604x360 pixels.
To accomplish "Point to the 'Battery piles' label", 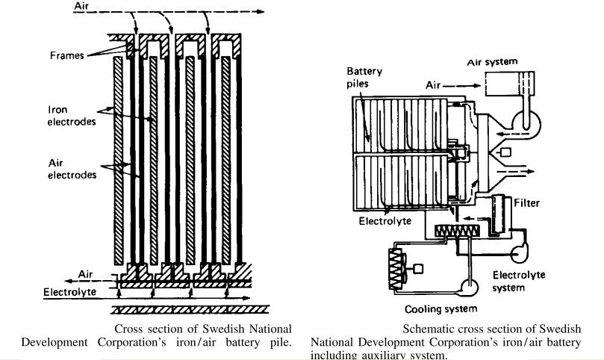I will click(x=364, y=78).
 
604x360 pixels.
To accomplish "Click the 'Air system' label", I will click(x=493, y=62).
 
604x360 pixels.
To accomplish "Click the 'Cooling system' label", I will click(x=440, y=308).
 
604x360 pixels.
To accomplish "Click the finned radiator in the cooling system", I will click(x=396, y=265).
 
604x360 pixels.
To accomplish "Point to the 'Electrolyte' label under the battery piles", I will click(x=385, y=221).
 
